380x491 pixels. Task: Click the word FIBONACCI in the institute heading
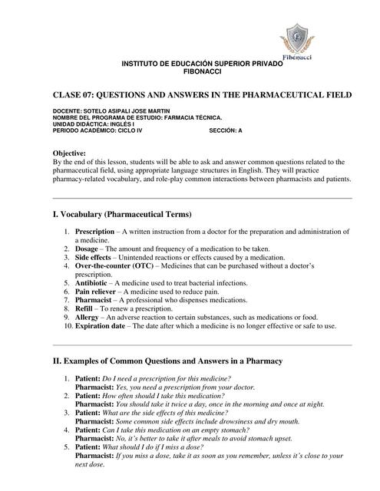click(x=202, y=71)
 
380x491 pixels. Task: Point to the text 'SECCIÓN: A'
click(x=226, y=130)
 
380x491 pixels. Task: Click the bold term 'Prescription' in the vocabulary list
click(x=94, y=231)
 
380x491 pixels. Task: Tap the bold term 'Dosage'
click(x=88, y=249)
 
